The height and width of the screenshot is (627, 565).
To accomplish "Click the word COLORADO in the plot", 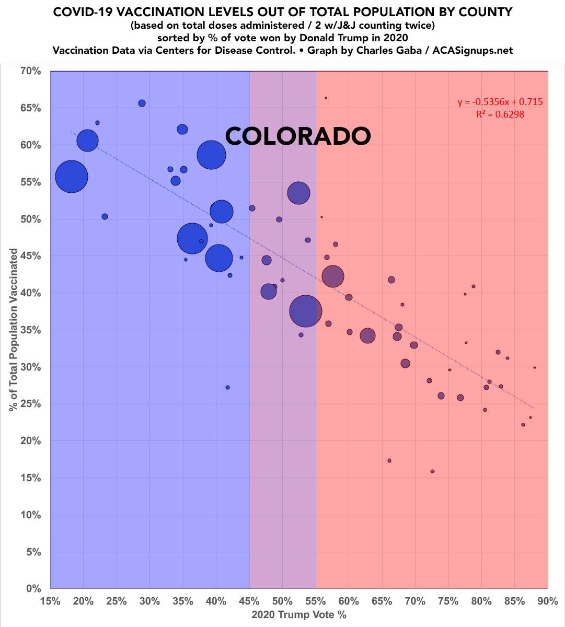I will click(298, 136).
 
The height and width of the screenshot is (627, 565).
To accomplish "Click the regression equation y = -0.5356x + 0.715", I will click(500, 102).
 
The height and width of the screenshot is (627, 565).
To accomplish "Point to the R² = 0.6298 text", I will click(500, 114).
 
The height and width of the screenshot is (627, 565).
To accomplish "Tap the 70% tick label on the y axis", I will click(30, 71).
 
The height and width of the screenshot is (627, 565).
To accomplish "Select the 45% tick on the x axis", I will click(249, 601).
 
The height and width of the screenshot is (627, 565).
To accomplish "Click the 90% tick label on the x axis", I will click(547, 601).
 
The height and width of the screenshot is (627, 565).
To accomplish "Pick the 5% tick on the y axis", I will click(32, 552).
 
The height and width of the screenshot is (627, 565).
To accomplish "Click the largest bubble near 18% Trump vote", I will click(72, 177).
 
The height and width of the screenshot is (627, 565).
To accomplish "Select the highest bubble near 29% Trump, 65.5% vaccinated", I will click(142, 103).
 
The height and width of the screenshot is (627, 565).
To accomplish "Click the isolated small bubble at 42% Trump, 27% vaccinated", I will click(227, 387).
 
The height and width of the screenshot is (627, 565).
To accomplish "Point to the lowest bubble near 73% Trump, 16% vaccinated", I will click(432, 471).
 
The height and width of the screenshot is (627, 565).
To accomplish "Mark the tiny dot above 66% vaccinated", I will click(326, 98).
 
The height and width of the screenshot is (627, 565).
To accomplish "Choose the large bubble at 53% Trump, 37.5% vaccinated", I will click(306, 311).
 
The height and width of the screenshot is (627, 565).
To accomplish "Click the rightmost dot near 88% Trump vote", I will click(535, 367).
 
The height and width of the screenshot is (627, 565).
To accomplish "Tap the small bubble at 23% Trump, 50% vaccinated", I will click(105, 216).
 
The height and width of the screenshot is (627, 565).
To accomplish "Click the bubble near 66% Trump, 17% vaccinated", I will click(389, 460).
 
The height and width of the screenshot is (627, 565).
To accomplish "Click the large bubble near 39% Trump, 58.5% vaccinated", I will click(211, 155).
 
